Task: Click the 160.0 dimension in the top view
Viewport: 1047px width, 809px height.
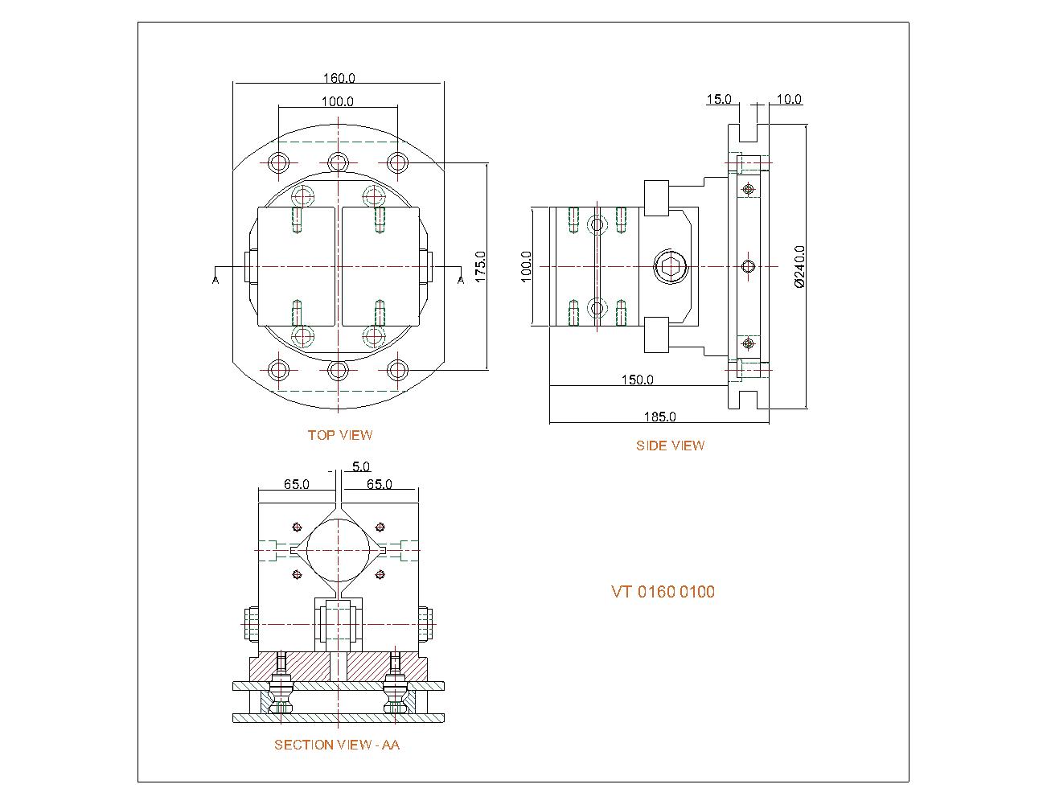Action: pyautogui.click(x=339, y=78)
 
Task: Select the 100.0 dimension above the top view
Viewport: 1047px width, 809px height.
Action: pyautogui.click(x=338, y=101)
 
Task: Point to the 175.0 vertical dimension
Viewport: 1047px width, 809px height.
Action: pyautogui.click(x=480, y=266)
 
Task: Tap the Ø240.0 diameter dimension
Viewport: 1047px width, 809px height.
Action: pyautogui.click(x=799, y=266)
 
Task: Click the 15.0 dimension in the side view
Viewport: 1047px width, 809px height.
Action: pyautogui.click(x=718, y=100)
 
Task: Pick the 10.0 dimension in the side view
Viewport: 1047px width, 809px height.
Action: pyautogui.click(x=789, y=100)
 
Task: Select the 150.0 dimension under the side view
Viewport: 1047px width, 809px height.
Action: pyautogui.click(x=637, y=380)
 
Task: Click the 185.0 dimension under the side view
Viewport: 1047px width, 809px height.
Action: pyautogui.click(x=659, y=417)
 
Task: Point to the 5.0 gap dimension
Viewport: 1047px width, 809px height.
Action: pyautogui.click(x=361, y=466)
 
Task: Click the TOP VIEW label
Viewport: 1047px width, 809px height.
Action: pyautogui.click(x=340, y=435)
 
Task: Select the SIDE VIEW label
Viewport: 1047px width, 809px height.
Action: pyautogui.click(x=670, y=446)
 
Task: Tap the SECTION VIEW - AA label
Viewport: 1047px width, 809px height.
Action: pyautogui.click(x=337, y=745)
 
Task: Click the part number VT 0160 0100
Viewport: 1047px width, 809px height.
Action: pyautogui.click(x=663, y=593)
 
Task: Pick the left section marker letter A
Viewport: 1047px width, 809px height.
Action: pyautogui.click(x=216, y=279)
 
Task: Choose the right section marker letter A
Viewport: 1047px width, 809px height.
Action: pyautogui.click(x=461, y=279)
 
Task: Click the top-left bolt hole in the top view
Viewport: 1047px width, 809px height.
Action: pyautogui.click(x=279, y=162)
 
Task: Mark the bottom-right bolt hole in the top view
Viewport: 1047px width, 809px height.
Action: pyautogui.click(x=397, y=370)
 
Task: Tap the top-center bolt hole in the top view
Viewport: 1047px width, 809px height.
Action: pyautogui.click(x=339, y=162)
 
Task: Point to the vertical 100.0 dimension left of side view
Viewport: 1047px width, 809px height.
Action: pyautogui.click(x=526, y=266)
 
